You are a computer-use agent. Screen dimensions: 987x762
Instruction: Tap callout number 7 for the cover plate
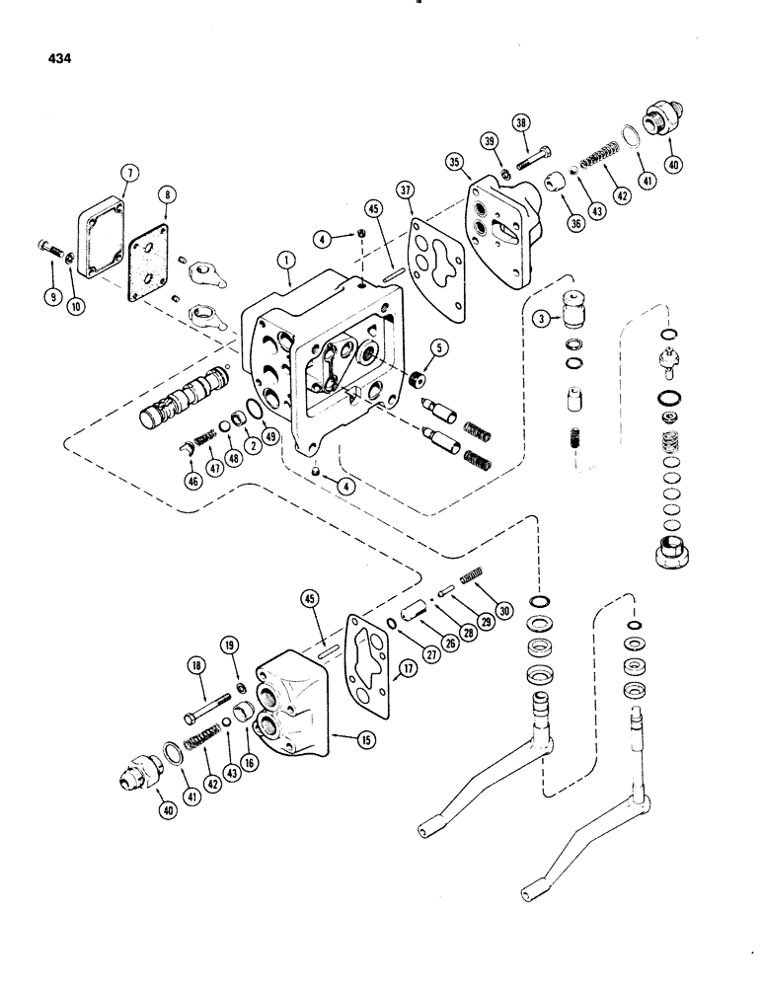pyautogui.click(x=126, y=173)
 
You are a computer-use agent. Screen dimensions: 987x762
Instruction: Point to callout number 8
pyautogui.click(x=166, y=196)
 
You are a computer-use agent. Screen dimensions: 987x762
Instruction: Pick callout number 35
pyautogui.click(x=454, y=161)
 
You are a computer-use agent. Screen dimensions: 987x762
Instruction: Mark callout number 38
pyautogui.click(x=519, y=123)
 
